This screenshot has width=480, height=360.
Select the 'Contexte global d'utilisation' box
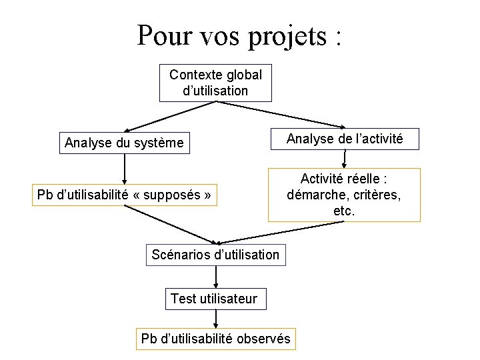tap(215, 83)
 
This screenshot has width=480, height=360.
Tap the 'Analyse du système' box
tap(124, 143)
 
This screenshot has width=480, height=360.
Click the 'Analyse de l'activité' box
tap(344, 139)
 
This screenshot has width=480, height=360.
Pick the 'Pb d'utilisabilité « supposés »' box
tap(125, 195)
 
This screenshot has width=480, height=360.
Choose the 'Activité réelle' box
tap(344, 195)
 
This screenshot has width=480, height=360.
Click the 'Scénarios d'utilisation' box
tap(215, 254)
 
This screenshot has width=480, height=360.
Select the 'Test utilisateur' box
tap(215, 299)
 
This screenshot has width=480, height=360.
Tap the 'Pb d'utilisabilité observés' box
tap(215, 339)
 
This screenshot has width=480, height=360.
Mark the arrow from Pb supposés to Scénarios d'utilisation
tap(170, 224)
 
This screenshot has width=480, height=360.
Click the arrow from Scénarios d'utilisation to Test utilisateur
tap(215, 277)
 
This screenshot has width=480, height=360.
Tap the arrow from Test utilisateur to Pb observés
tap(215, 319)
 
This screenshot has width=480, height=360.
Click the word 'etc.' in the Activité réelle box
tap(344, 211)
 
